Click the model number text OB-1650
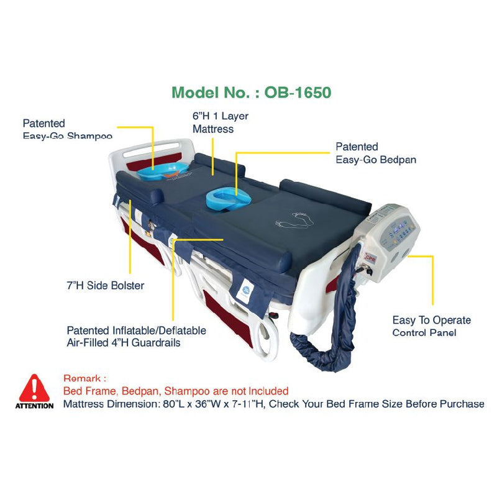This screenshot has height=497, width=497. tap(298, 92)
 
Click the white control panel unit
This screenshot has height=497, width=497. tap(386, 230)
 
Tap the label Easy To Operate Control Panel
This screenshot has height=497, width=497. tap(431, 326)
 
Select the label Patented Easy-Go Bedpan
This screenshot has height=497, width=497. tap(375, 153)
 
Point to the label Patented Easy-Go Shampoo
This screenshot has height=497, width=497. tap(67, 129)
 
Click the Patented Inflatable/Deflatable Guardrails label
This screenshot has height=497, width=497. tap(136, 337)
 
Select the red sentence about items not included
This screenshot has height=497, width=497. tap(176, 391)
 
